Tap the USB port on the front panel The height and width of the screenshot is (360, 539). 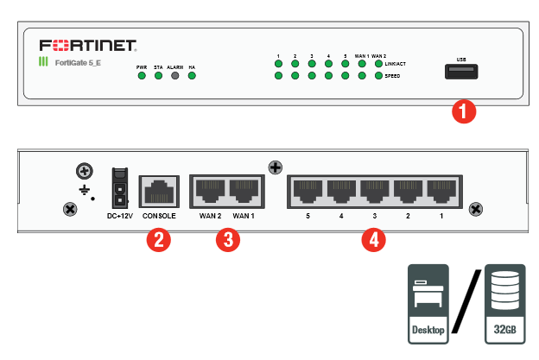[460, 72]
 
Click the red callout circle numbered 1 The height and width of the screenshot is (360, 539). [465, 111]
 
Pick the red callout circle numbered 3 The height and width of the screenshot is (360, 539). [226, 239]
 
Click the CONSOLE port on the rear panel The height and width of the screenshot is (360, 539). [158, 188]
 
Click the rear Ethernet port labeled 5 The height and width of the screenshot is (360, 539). [306, 189]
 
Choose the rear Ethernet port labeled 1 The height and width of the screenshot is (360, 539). [441, 189]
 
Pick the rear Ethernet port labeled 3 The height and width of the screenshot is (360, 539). [373, 189]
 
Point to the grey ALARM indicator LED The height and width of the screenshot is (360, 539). [175, 76]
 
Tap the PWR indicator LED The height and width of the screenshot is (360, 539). [142, 76]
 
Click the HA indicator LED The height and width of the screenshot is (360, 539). [192, 76]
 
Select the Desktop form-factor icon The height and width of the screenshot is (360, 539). [428, 301]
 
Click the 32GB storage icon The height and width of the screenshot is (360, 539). [506, 301]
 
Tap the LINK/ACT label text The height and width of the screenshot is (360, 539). [397, 63]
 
